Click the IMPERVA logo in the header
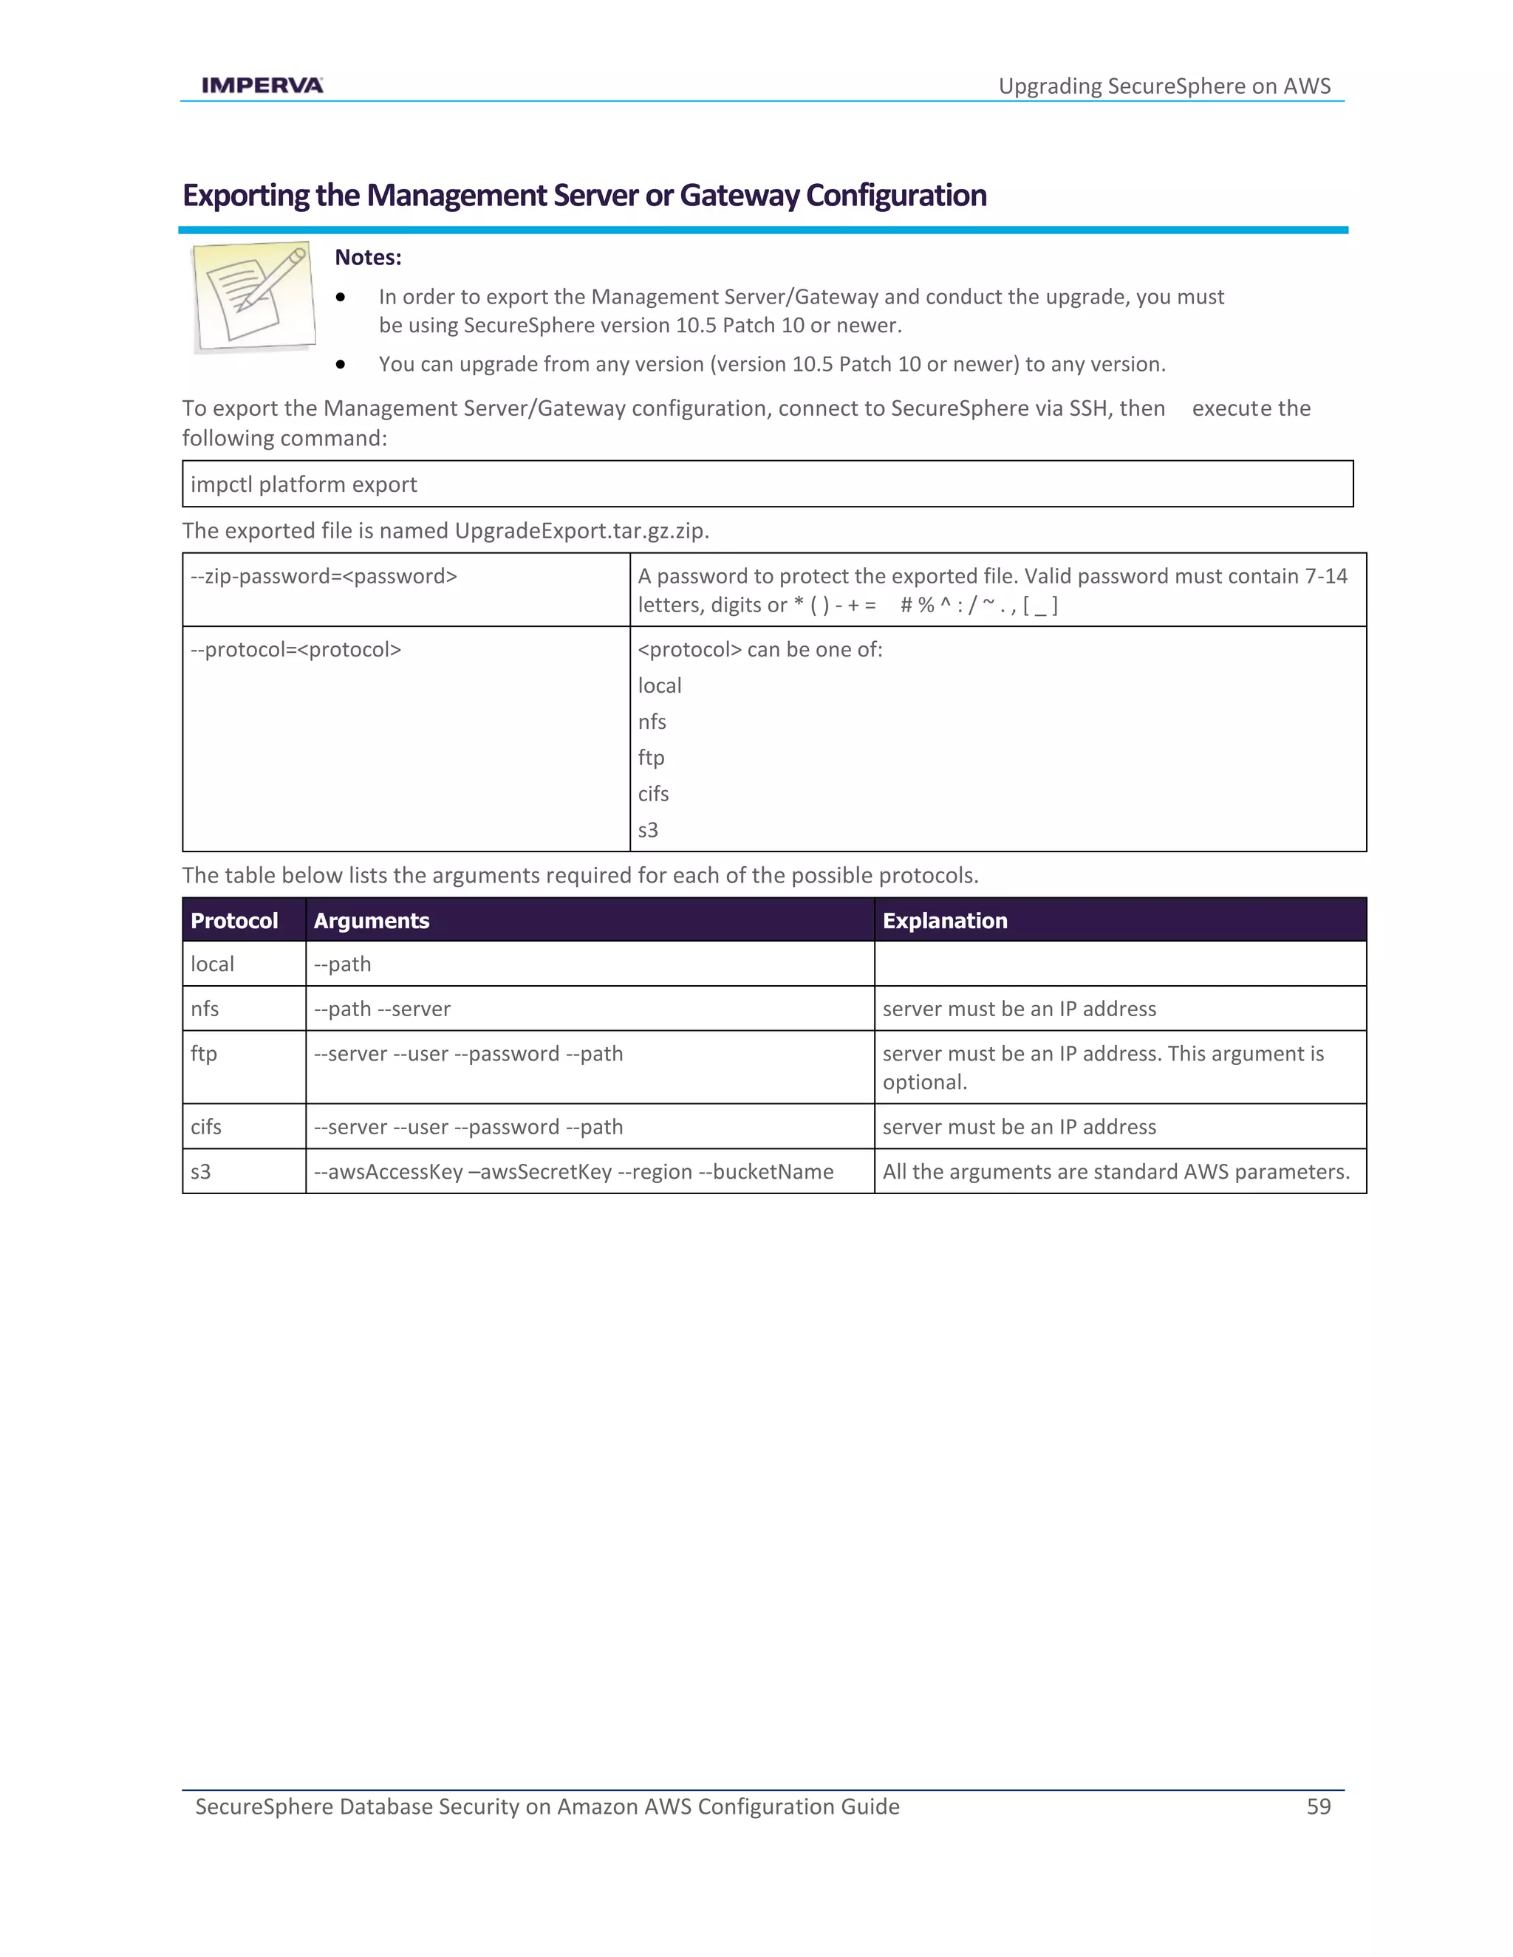pos(262,85)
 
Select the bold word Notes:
pos(367,257)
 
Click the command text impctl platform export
pos(304,484)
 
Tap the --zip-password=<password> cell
pos(324,576)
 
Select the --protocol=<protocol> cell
pos(296,650)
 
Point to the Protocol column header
pos(234,920)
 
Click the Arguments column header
pos(371,920)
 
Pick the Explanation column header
pos(945,920)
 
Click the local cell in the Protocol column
pos(213,964)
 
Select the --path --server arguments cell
pos(382,1009)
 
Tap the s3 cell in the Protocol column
pos(201,1172)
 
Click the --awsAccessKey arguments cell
pos(573,1172)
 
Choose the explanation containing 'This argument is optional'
pos(1102,1067)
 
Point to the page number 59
pos(1319,1806)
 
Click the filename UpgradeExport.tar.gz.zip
pos(581,532)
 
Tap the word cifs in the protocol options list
pos(653,794)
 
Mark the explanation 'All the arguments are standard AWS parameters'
pos(1116,1172)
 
